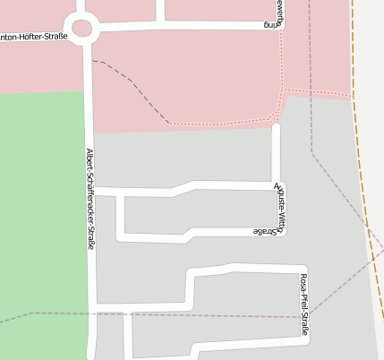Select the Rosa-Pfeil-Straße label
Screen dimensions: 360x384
point(304,304)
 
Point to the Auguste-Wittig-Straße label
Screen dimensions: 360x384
point(280,207)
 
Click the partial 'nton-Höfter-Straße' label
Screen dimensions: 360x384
point(34,37)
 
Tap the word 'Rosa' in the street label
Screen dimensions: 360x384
point(304,280)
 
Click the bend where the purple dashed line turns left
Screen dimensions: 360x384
point(312,153)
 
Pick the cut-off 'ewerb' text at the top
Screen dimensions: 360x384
point(279,6)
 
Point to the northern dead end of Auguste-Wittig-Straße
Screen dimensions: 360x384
point(277,128)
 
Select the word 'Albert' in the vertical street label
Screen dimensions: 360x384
point(90,159)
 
